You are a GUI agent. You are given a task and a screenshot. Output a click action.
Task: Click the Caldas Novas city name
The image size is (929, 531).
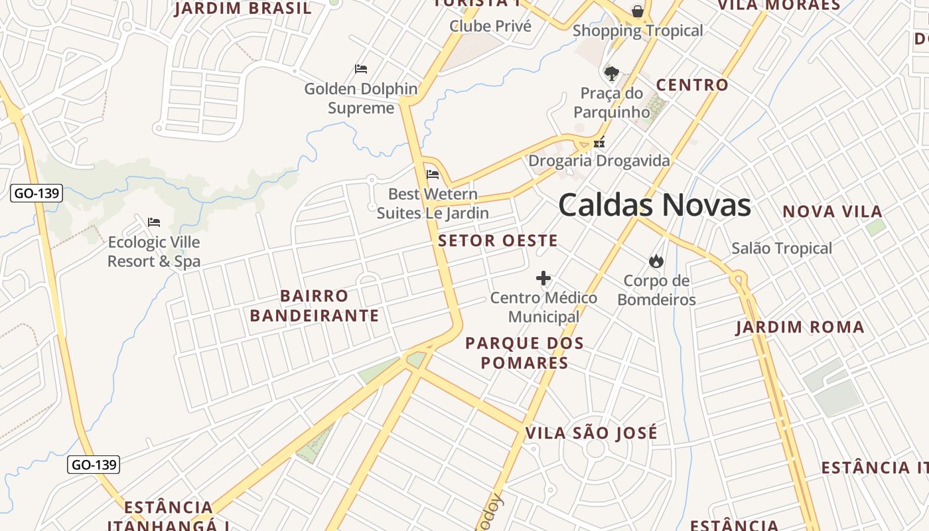(x=654, y=205)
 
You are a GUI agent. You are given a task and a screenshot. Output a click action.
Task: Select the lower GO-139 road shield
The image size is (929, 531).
(x=94, y=465)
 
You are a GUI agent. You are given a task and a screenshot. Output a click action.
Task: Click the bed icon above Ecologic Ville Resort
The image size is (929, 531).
(x=154, y=222)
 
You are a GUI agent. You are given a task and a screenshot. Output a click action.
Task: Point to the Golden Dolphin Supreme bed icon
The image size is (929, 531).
(x=361, y=68)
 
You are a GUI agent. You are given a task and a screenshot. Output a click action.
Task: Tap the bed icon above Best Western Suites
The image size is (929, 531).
(x=433, y=175)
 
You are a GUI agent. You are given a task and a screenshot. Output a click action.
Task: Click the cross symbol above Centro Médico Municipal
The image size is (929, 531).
(x=543, y=277)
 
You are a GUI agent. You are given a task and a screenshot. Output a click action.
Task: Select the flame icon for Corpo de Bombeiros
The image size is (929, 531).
(x=656, y=261)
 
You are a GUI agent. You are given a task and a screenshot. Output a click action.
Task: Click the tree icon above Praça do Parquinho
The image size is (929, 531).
(x=611, y=73)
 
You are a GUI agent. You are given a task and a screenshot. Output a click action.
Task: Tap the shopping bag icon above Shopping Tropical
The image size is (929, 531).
(x=637, y=11)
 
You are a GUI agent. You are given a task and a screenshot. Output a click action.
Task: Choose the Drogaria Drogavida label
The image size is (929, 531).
(x=599, y=161)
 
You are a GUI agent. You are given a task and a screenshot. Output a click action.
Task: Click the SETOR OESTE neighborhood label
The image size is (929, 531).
(x=498, y=241)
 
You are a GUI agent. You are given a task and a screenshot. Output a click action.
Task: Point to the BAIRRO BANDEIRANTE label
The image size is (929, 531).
(x=315, y=305)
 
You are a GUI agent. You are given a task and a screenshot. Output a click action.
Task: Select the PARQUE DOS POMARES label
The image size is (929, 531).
(x=524, y=353)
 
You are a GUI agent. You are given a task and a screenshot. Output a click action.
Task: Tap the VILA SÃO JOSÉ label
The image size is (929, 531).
(x=591, y=433)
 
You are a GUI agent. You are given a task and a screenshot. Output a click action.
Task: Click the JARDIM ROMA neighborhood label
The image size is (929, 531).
(x=800, y=327)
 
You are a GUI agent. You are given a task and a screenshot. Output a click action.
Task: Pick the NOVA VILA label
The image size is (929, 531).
(x=832, y=212)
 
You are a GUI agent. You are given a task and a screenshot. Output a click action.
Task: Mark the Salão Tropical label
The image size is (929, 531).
(x=782, y=248)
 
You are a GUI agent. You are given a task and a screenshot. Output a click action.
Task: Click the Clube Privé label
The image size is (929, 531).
(x=490, y=27)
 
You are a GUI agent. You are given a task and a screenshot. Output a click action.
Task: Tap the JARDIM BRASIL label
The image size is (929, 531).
(x=243, y=9)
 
